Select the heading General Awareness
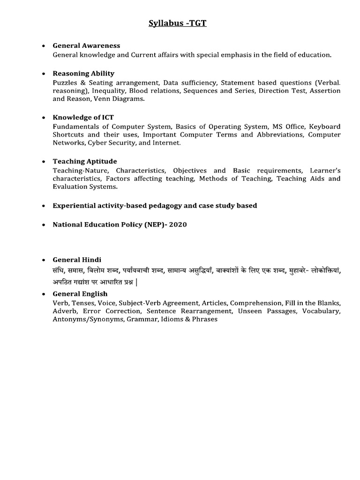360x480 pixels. (x=86, y=45)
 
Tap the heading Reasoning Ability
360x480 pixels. (x=83, y=74)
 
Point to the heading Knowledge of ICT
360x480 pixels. (x=83, y=117)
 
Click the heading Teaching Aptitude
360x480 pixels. (x=85, y=161)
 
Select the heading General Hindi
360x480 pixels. (x=77, y=260)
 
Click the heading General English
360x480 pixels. (x=79, y=294)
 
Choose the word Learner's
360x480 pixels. (x=324, y=170)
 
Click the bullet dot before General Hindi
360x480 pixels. (x=44, y=260)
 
